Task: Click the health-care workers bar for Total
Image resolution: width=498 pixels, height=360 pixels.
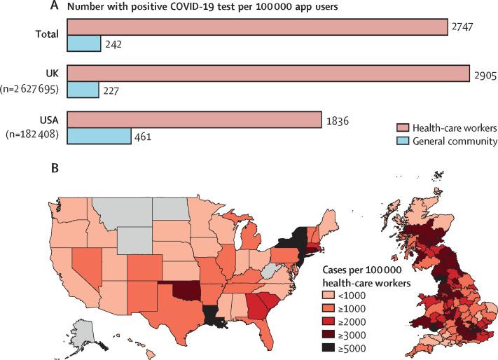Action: pos(257,27)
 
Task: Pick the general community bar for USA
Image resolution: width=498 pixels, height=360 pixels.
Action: pos(99,135)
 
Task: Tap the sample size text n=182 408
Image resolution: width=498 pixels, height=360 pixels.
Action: pos(34,134)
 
